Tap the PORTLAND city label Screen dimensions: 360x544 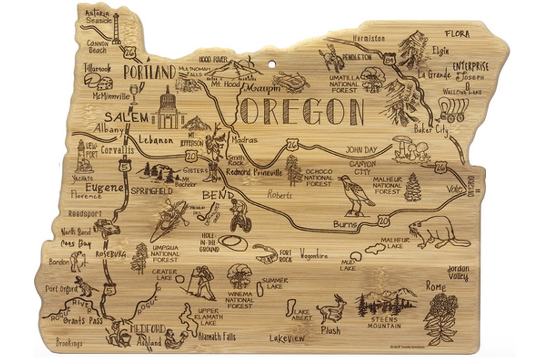tap(149, 73)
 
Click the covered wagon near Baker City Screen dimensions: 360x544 tap(450, 110)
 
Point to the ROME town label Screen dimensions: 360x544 tap(435, 286)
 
